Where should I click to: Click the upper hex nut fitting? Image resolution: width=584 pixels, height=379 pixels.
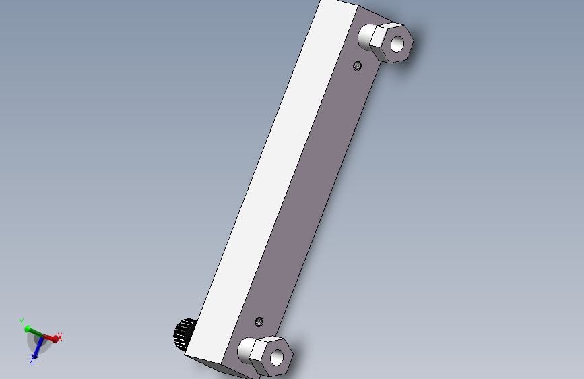pyautogui.click(x=391, y=43)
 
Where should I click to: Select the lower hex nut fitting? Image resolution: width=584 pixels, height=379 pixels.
pyautogui.click(x=271, y=356)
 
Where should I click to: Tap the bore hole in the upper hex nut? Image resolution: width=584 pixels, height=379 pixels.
pyautogui.click(x=397, y=44)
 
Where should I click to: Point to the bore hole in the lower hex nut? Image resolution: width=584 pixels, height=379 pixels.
pyautogui.click(x=277, y=357)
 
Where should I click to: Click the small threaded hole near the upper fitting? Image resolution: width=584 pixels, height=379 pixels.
pyautogui.click(x=357, y=66)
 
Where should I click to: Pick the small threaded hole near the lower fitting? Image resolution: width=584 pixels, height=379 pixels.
pyautogui.click(x=259, y=322)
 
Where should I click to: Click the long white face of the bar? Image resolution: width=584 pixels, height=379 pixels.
pyautogui.click(x=271, y=179)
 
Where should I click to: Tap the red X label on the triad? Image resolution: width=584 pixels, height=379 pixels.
pyautogui.click(x=59, y=337)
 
